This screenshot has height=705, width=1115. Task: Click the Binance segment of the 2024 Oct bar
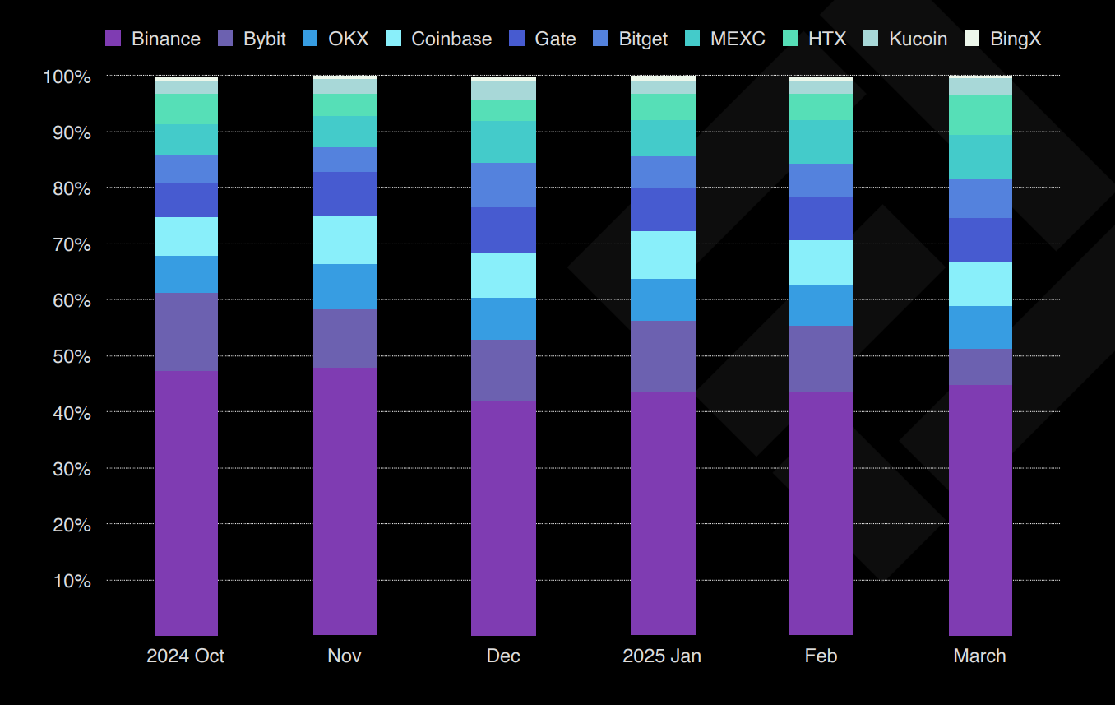click(x=186, y=503)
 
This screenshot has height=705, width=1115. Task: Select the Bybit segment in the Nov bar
click(x=345, y=338)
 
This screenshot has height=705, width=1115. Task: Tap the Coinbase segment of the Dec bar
click(x=503, y=275)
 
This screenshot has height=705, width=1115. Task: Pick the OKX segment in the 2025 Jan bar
click(x=663, y=299)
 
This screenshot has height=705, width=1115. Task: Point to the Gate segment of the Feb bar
click(x=821, y=218)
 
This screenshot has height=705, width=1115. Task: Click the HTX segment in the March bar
click(x=980, y=114)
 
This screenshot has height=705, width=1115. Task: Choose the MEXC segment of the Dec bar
click(x=503, y=141)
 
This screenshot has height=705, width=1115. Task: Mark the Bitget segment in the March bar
click(x=980, y=198)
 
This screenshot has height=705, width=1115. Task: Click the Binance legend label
click(x=165, y=39)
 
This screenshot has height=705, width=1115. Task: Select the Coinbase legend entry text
click(x=451, y=39)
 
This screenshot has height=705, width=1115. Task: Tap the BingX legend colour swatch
click(x=973, y=39)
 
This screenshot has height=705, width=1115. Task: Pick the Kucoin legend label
click(x=918, y=39)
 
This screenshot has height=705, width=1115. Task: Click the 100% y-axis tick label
click(x=66, y=77)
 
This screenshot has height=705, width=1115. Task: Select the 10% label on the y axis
click(x=71, y=581)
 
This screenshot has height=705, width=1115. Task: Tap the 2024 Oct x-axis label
click(x=185, y=656)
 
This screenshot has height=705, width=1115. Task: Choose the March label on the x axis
click(x=979, y=656)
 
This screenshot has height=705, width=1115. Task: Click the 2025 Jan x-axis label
click(x=662, y=656)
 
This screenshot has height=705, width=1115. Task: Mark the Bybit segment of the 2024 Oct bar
click(x=186, y=332)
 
